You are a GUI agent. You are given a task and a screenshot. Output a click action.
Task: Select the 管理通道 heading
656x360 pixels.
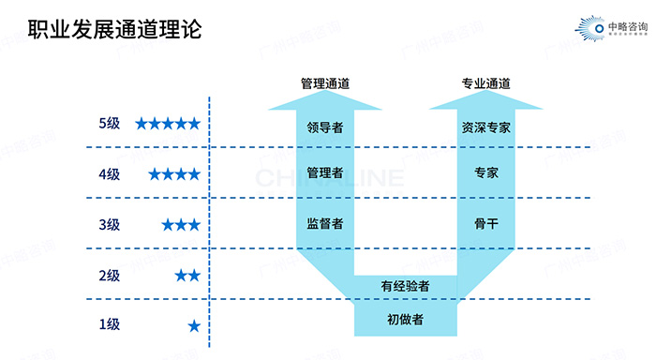click(325, 83)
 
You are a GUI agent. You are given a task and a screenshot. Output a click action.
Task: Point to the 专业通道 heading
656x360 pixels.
click(485, 83)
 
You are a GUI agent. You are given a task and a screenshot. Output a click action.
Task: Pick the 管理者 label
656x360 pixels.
click(325, 173)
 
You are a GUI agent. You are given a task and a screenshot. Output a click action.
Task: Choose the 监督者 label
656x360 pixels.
click(325, 223)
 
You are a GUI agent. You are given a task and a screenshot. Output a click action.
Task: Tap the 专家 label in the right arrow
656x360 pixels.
click(485, 173)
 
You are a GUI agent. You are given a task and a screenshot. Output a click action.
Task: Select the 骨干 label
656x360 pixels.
click(485, 223)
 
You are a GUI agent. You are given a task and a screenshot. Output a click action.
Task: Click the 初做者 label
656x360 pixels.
click(406, 320)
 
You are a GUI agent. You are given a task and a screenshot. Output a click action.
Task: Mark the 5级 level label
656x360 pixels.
click(109, 123)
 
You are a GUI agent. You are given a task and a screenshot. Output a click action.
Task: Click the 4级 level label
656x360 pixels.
click(109, 173)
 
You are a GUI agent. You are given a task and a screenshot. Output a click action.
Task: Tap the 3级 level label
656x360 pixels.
click(109, 224)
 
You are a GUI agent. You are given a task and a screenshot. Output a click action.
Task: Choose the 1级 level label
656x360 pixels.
click(109, 325)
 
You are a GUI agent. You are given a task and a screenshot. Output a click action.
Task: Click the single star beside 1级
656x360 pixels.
click(194, 325)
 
